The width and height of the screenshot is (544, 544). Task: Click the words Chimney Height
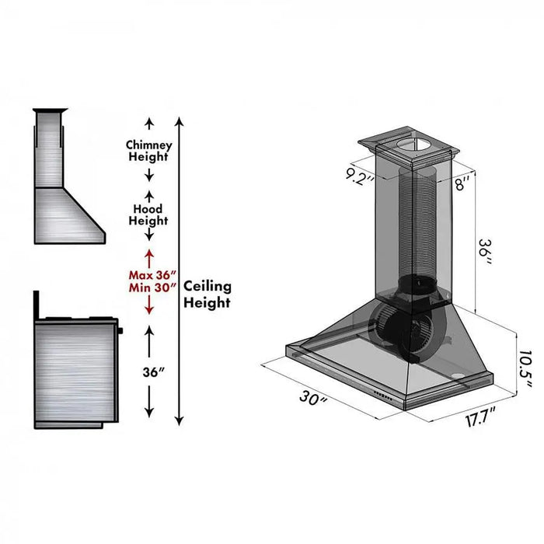[148, 151]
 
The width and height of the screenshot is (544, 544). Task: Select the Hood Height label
[148, 215]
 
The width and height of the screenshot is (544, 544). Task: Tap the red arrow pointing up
[148, 255]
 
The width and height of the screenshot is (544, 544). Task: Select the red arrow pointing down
[148, 309]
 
